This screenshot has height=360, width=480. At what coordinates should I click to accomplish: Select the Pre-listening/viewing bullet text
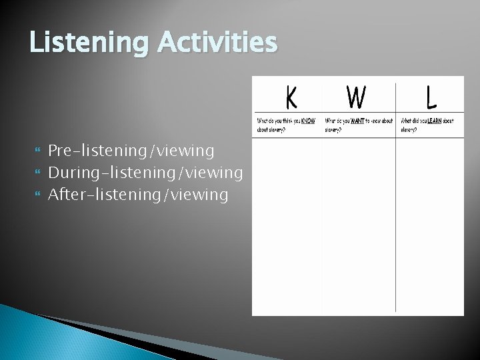point(131,151)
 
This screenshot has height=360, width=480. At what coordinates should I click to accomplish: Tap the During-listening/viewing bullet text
point(145,173)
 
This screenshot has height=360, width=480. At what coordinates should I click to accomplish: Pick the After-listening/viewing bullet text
point(138,195)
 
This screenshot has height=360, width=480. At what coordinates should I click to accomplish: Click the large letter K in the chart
point(291,99)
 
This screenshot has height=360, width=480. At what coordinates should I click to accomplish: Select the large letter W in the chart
point(356,99)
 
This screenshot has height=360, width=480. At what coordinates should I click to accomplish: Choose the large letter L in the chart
point(431,99)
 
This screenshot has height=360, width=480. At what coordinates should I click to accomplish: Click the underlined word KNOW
point(308,121)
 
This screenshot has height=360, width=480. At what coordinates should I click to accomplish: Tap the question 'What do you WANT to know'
point(359,125)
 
